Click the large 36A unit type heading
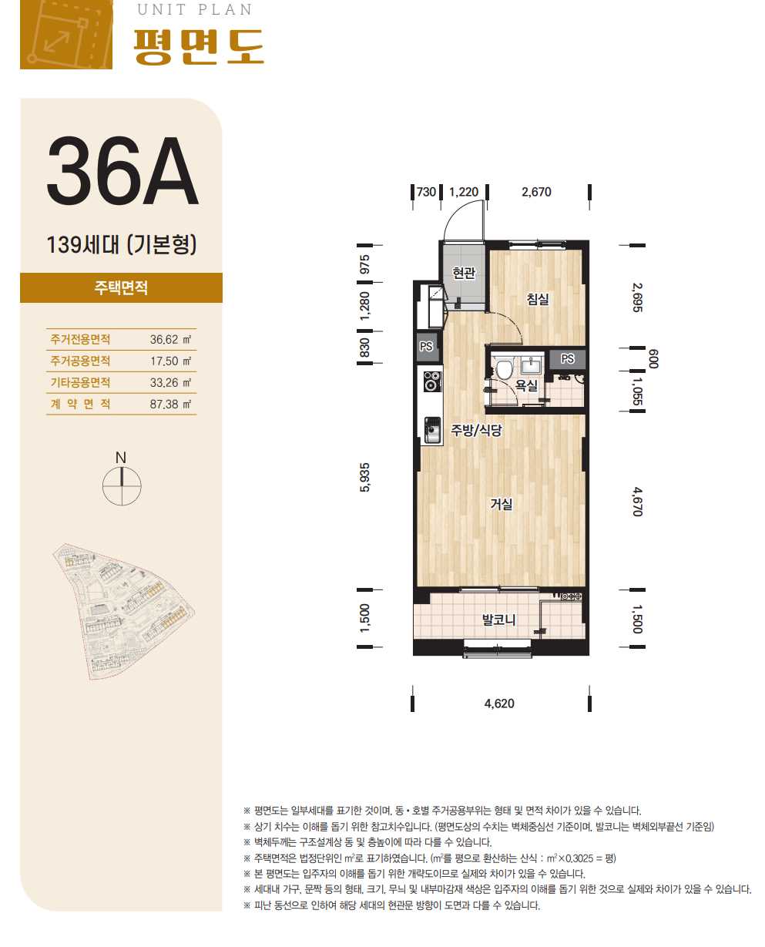click(x=122, y=170)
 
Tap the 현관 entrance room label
click(x=464, y=273)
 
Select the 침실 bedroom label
click(x=538, y=299)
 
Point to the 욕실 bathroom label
click(x=526, y=385)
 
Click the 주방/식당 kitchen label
click(x=476, y=430)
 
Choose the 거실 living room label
click(x=502, y=504)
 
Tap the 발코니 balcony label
click(x=498, y=620)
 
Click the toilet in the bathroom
click(x=504, y=368)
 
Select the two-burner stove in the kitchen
click(x=432, y=381)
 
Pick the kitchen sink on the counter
click(x=432, y=430)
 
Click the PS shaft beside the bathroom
click(x=567, y=359)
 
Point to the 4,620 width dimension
click(x=499, y=704)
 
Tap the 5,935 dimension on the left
click(x=365, y=478)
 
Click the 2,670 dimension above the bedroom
click(x=536, y=192)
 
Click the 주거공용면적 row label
click(x=80, y=361)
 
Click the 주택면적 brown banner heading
click(x=121, y=287)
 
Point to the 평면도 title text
click(x=198, y=47)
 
